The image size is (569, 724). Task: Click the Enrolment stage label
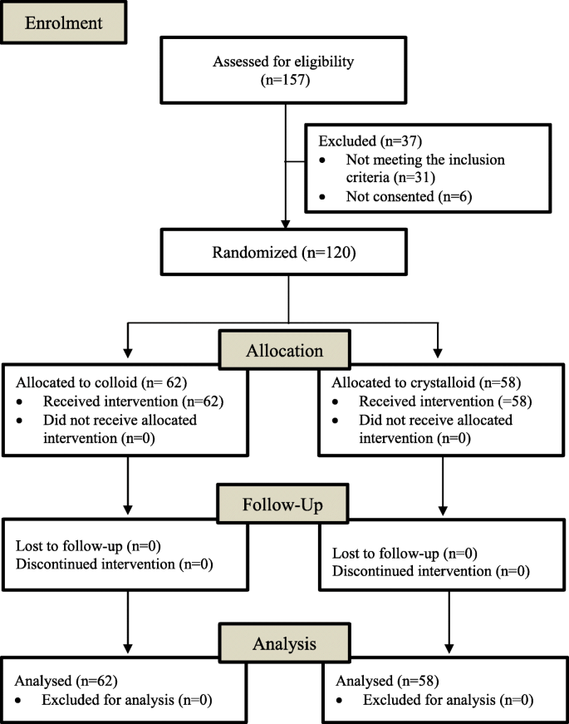[64, 23]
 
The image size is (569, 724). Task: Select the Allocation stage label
[284, 350]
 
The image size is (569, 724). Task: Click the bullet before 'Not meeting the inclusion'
[323, 158]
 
